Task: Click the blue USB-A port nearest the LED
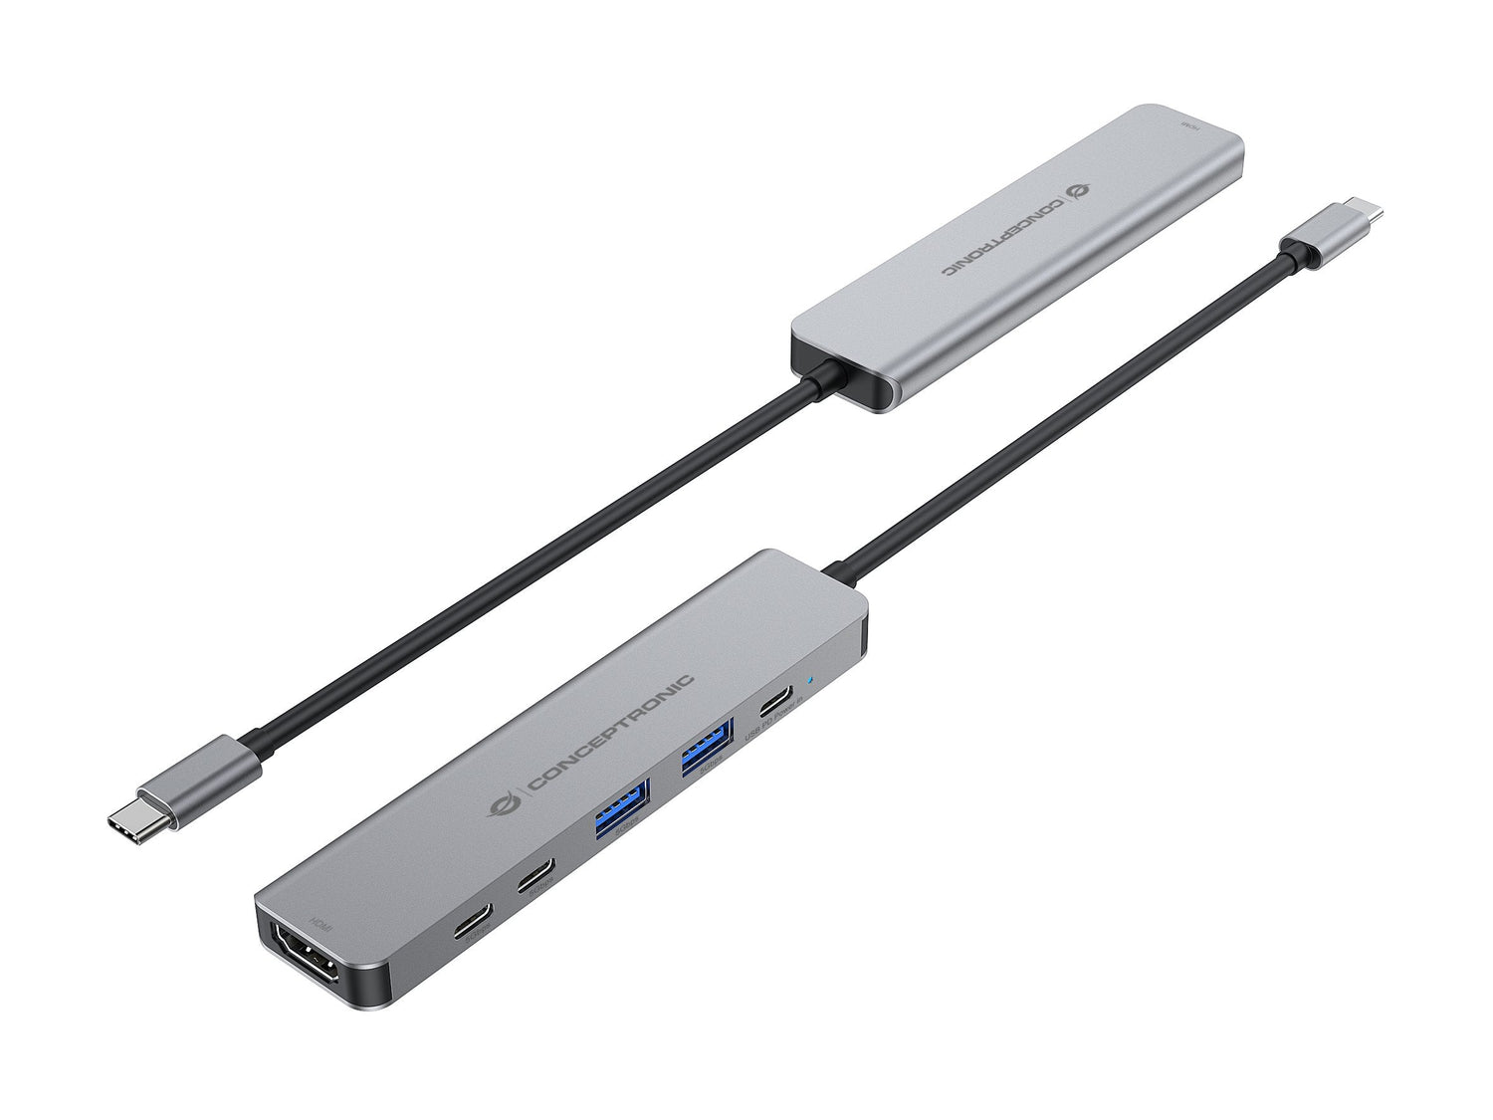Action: click(703, 754)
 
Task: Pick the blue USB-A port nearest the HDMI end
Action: click(621, 804)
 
